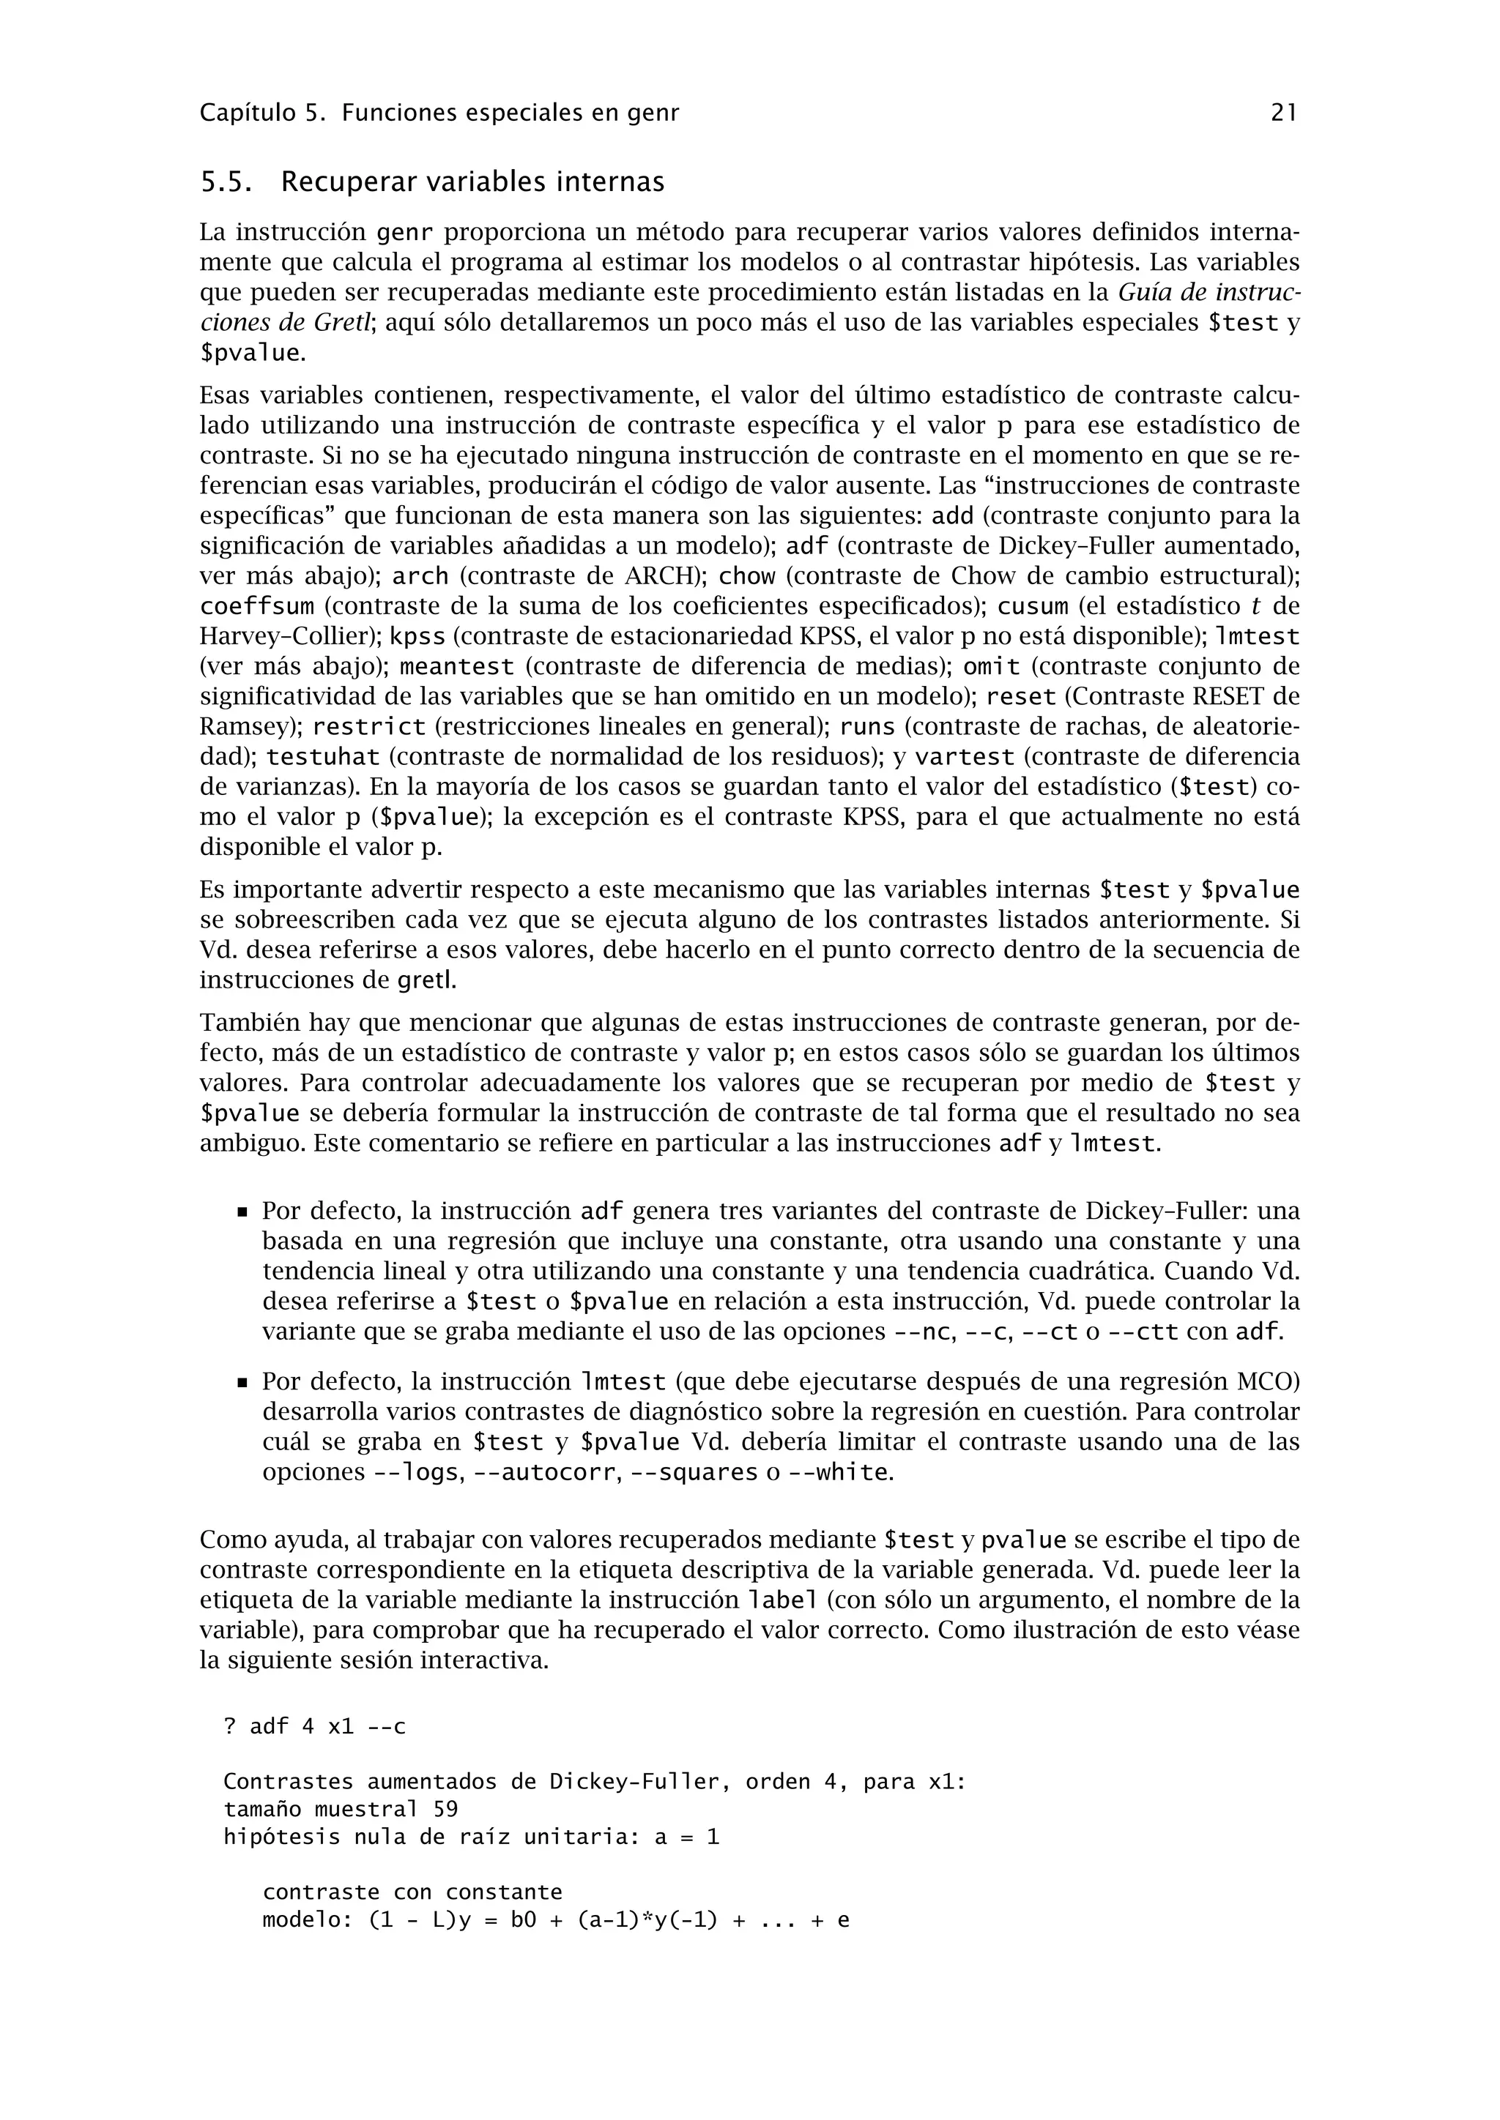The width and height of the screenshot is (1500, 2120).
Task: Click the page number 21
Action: click(x=1284, y=113)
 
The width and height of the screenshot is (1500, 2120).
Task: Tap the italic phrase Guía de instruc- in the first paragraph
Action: click(x=1208, y=293)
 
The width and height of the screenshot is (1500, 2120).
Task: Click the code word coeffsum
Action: click(x=258, y=607)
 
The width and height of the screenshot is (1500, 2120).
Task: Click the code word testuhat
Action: click(x=323, y=757)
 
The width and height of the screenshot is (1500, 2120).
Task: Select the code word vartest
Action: click(x=965, y=757)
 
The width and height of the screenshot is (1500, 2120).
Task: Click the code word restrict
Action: click(x=369, y=727)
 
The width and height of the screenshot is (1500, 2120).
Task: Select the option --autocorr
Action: click(x=544, y=1473)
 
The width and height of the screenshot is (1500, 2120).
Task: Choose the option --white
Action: click(x=839, y=1473)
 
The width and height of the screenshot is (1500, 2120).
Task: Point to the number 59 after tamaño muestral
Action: click(x=446, y=1809)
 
